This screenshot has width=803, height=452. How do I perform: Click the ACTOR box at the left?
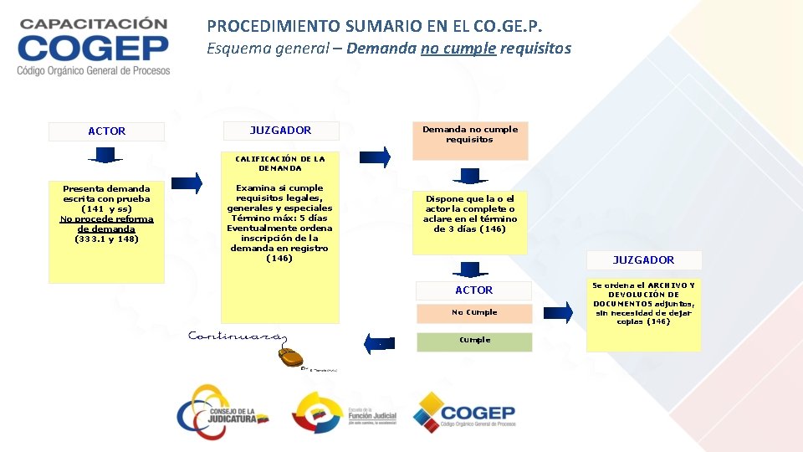[106, 131]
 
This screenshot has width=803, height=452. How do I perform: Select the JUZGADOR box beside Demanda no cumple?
[280, 131]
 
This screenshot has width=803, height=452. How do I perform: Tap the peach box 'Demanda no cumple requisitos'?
[470, 140]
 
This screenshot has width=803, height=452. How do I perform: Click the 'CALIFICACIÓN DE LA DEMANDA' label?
[280, 163]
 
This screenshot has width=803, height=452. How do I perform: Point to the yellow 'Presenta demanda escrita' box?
[106, 230]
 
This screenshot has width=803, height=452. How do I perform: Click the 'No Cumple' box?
[474, 313]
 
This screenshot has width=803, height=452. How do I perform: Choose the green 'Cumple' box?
[474, 342]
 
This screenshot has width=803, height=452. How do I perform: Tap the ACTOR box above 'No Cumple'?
[474, 290]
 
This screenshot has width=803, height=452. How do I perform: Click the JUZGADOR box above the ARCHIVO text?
[643, 260]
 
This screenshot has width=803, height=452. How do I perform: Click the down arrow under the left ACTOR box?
[105, 155]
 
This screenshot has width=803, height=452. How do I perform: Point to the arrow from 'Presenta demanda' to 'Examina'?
[187, 183]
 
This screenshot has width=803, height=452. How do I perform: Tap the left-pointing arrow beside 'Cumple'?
[380, 343]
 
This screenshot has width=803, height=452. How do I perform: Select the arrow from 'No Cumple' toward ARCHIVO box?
[558, 313]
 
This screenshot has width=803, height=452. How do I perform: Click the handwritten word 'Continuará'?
[234, 336]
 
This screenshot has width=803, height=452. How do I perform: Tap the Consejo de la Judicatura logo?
[222, 411]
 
